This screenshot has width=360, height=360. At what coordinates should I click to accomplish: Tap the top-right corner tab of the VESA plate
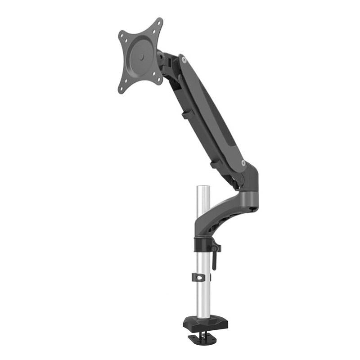tap(157, 23)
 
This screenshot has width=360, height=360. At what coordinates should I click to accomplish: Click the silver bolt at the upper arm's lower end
tap(243, 163)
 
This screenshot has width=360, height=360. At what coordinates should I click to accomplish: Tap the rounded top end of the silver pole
tap(203, 186)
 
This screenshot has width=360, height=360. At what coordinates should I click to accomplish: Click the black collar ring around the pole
tap(203, 245)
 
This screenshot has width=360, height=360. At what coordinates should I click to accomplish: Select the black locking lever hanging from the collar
tap(214, 261)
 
